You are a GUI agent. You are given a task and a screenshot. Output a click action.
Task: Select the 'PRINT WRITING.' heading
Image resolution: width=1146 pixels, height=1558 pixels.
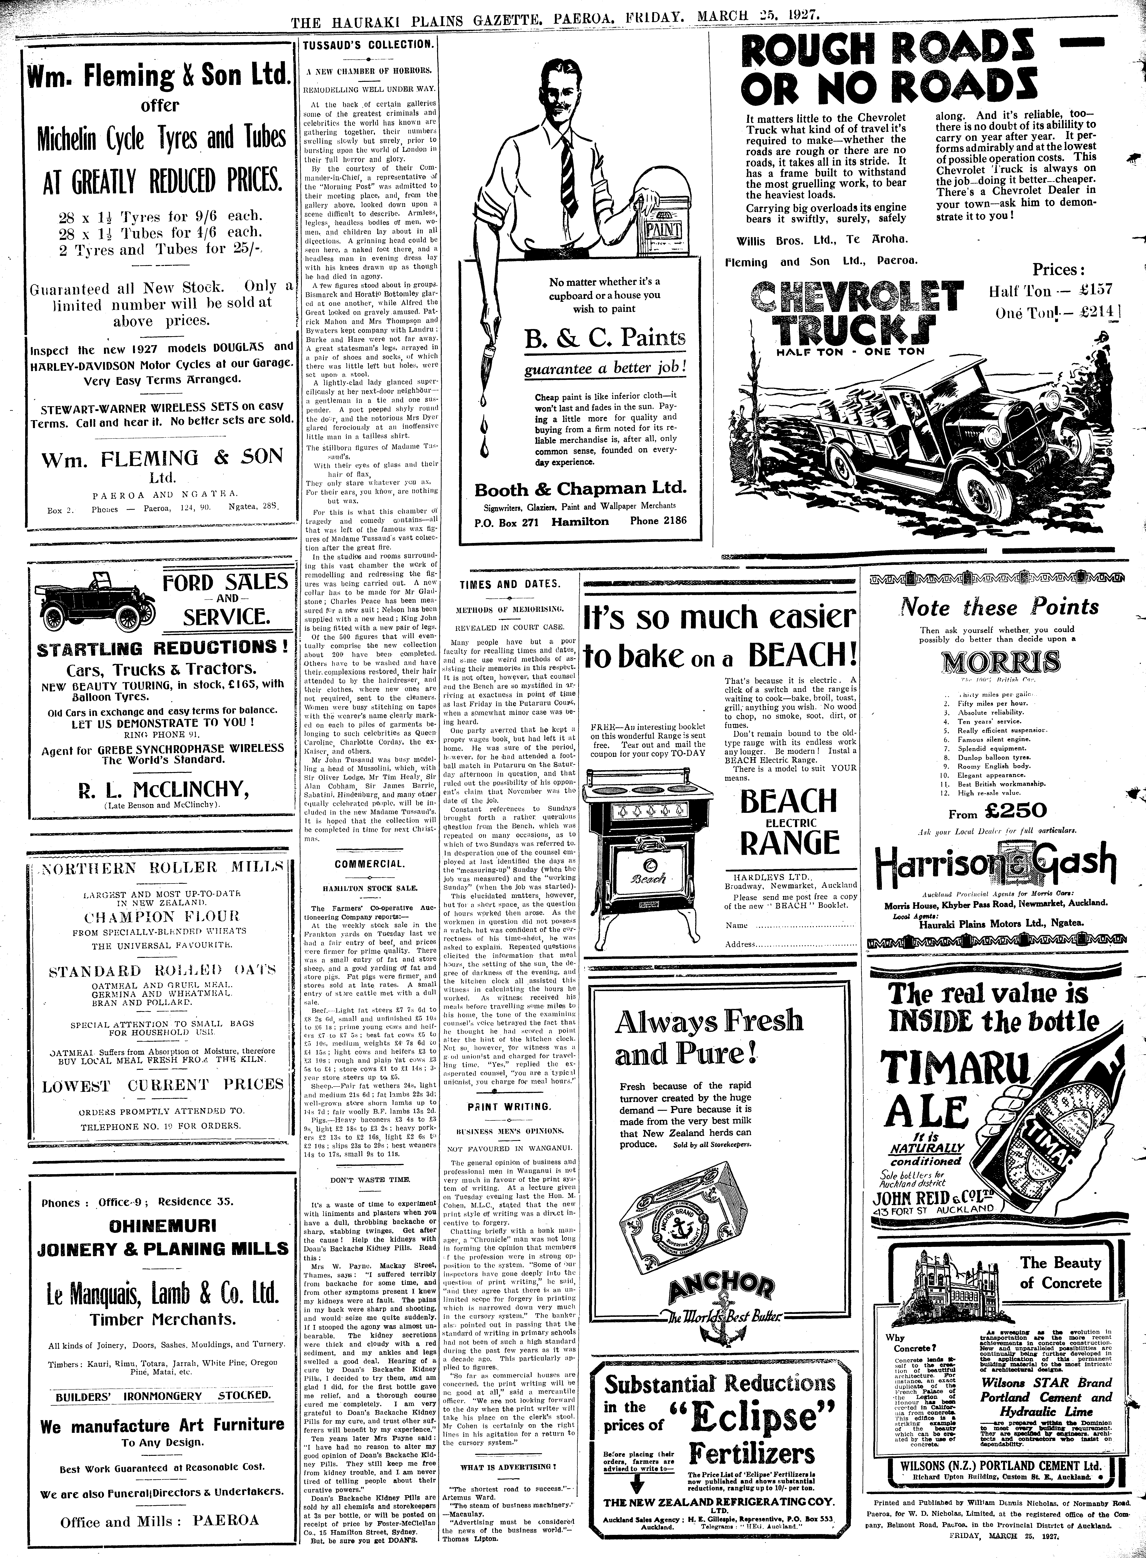coord(509,1107)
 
